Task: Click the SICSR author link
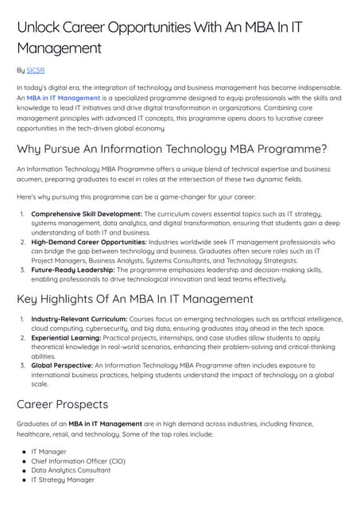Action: pyautogui.click(x=35, y=70)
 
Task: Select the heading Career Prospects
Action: pyautogui.click(x=67, y=403)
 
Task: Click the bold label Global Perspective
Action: pyautogui.click(x=67, y=365)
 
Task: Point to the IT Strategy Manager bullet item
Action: pyautogui.click(x=63, y=480)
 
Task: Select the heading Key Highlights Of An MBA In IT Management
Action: pyautogui.click(x=134, y=299)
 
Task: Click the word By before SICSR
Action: pyautogui.click(x=20, y=70)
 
